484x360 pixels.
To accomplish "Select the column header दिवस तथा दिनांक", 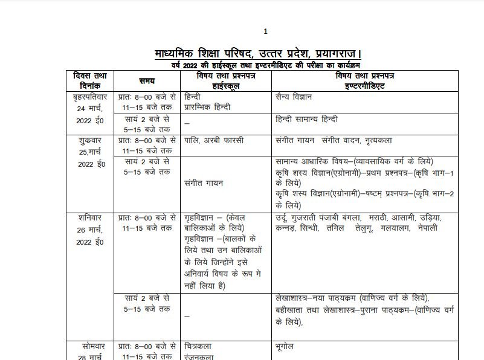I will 89,80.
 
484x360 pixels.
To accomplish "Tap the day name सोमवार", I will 89,347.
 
